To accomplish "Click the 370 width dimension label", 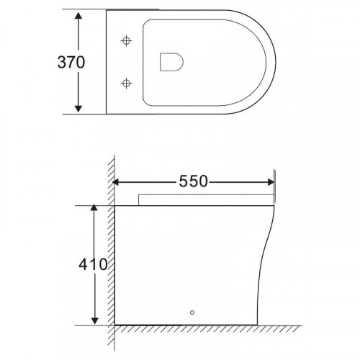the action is coord(71,62).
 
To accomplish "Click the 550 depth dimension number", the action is coord(193,181).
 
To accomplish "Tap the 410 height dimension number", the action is coord(93,264).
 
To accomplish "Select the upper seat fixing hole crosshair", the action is coord(126,41).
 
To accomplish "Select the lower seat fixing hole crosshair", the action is coord(126,84).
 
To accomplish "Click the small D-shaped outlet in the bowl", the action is coord(171,62).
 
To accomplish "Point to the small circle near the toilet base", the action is coord(192,312).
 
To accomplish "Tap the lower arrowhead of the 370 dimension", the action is coord(78,109).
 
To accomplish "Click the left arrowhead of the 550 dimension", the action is coord(116,182).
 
